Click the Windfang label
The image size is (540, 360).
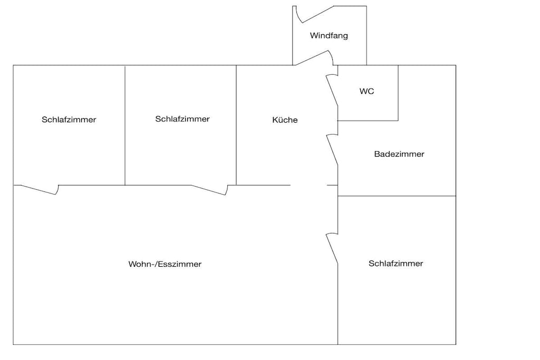(x=329, y=36)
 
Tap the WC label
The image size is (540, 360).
(x=367, y=91)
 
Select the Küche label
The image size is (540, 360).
(x=285, y=120)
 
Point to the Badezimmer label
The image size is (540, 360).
(x=399, y=154)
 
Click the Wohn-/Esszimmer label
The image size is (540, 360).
(x=165, y=264)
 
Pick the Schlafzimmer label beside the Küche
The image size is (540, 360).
(x=182, y=119)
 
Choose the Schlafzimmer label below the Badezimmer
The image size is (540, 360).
(x=396, y=264)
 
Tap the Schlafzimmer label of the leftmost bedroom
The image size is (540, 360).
(x=69, y=120)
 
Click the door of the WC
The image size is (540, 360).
(x=332, y=90)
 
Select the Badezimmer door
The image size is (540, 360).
(x=332, y=149)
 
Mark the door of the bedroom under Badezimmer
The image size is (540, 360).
(x=332, y=248)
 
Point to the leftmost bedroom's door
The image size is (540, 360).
(x=40, y=190)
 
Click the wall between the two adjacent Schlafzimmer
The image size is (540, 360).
(x=125, y=125)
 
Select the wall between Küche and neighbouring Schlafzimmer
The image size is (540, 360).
(x=236, y=125)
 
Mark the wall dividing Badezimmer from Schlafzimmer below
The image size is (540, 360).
(x=397, y=196)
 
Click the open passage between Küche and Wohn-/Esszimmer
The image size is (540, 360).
(x=308, y=185)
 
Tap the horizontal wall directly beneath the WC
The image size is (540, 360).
(x=368, y=121)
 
